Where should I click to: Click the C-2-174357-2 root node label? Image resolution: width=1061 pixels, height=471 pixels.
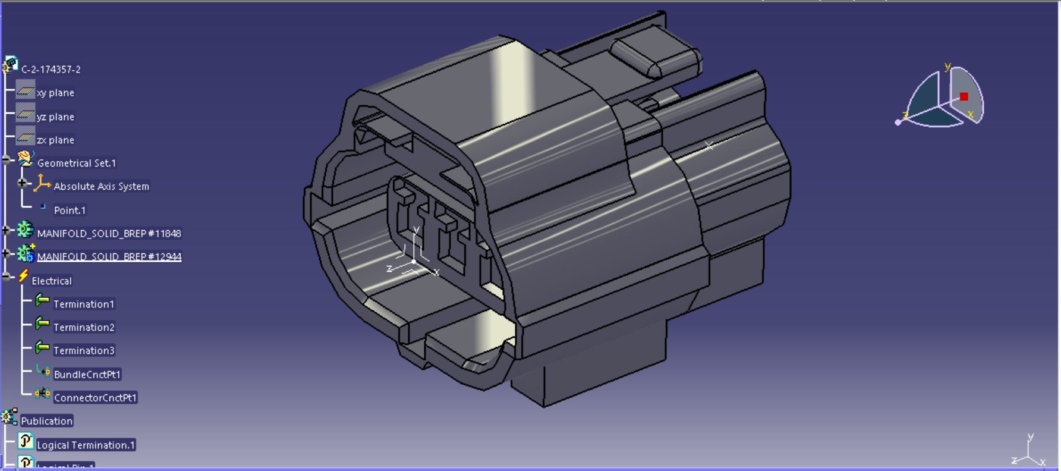coord(51,70)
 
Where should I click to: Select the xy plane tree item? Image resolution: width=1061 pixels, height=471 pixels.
coord(55,93)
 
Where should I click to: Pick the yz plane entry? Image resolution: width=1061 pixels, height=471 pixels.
coord(55,117)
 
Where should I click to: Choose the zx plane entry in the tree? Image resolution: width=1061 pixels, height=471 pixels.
coord(55,140)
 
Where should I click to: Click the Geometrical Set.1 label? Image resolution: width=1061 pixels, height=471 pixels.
coord(76,163)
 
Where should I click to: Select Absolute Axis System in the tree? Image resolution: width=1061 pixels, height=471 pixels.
coord(101,186)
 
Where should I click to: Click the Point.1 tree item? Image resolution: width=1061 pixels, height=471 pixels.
coord(70,210)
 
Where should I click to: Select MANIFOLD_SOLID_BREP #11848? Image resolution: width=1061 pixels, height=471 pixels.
coord(109,233)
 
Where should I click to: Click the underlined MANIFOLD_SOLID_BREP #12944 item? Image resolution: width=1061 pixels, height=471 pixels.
coord(109,256)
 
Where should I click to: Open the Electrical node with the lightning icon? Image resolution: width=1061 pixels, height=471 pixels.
coord(51,281)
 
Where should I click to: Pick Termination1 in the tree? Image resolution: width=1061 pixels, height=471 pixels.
coord(83,304)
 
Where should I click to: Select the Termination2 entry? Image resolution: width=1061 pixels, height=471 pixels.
coord(84,327)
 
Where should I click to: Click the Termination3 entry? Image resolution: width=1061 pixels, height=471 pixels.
coord(84,350)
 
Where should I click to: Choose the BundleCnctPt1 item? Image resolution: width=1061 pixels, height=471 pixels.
coord(87,374)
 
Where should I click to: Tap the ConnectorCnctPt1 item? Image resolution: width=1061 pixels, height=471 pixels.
coord(95,397)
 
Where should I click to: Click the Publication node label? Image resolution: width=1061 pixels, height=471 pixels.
coord(46,421)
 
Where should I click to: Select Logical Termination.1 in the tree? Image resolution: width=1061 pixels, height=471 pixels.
coord(86,445)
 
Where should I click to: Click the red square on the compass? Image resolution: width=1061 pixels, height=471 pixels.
coord(964,96)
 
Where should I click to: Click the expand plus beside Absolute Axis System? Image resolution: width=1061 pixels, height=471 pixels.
coord(23,183)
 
